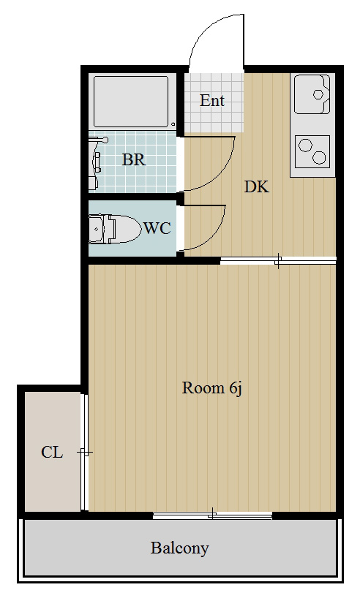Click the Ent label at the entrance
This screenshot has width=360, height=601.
pos(212,101)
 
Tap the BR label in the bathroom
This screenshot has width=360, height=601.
pos(134,160)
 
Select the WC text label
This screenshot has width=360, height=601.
pos(157,228)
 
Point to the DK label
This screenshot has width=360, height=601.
pos(257,187)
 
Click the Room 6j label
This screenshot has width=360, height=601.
pos(212,388)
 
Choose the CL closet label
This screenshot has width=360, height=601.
pos(52,453)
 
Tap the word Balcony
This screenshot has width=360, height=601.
pos(179,548)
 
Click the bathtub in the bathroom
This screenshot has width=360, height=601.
pos(131,102)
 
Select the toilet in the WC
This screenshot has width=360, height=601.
pos(114,229)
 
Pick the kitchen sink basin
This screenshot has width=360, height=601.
pos(312,94)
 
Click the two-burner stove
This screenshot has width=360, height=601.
pos(312,151)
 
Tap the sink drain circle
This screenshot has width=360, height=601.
pos(318,94)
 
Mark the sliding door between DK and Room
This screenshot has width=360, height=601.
pos(278,260)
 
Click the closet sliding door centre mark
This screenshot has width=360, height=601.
pos(85,453)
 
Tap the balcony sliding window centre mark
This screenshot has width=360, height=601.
pos(212,515)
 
